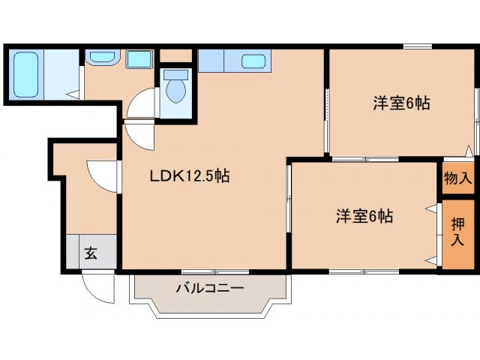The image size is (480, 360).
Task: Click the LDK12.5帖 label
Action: [x=188, y=177]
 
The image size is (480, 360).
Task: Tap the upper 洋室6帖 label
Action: [x=401, y=103]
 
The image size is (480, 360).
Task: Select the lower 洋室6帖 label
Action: [x=364, y=217]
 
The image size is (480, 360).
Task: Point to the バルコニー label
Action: [x=210, y=287]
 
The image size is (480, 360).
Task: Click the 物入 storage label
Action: [x=457, y=178]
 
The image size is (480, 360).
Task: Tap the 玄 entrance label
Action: [x=91, y=253]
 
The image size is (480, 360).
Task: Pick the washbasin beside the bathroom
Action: [x=100, y=58]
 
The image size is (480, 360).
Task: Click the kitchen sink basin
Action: [x=253, y=61]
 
